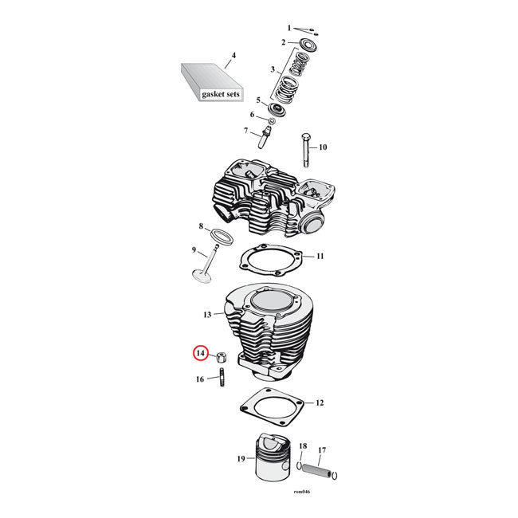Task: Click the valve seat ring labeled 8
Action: coord(221,236)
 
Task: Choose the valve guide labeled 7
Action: coord(264,131)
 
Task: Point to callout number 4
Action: coord(233,57)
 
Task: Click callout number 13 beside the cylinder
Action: coord(206,316)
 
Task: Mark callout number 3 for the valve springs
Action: coord(273,69)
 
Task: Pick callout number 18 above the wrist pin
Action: coord(303,445)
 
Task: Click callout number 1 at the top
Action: coord(289,28)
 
